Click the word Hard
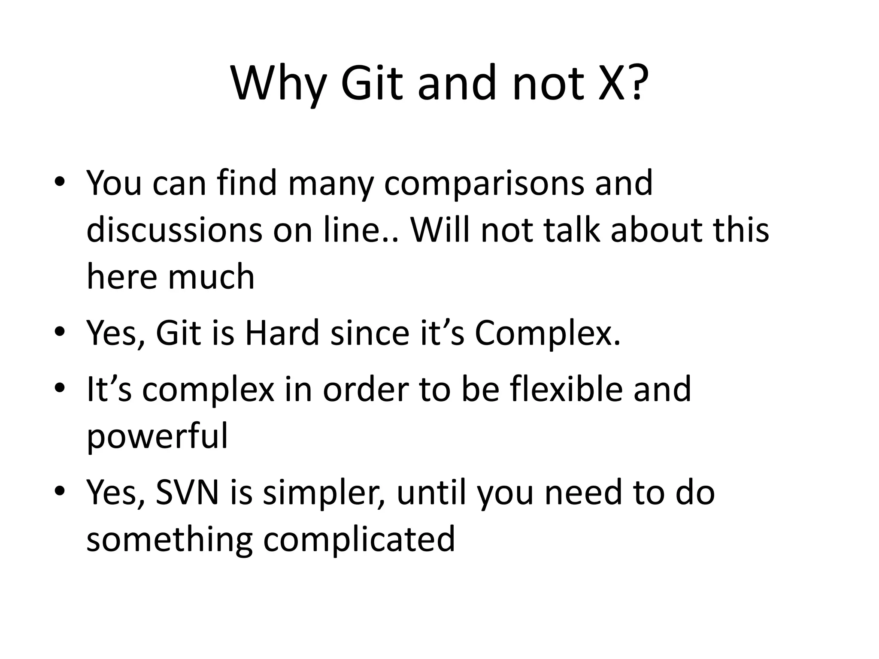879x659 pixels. [x=282, y=333]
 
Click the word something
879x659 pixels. [x=170, y=540]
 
